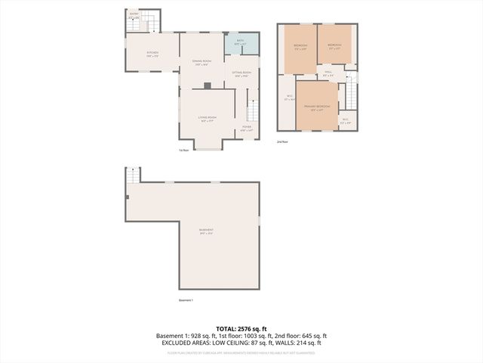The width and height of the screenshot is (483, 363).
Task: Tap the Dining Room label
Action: coord(202,62)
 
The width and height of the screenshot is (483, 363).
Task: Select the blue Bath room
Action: coord(241,43)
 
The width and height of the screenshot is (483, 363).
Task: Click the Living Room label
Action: coord(208,119)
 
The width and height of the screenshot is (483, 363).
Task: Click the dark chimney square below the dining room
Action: coord(207,86)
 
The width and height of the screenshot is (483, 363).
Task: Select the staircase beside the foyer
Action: coord(253,112)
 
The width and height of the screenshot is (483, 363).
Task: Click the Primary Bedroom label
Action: coord(317,108)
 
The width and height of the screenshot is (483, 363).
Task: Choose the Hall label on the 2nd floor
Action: coord(328,74)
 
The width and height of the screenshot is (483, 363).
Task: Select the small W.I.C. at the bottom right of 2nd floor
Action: coord(345,120)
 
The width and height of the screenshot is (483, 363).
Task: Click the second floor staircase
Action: coord(350,95)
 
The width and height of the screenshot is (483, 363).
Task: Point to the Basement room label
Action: coord(206,231)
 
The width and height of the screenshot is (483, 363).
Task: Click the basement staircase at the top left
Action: coord(132,175)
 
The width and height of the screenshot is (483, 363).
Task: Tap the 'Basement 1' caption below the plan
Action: coord(186,300)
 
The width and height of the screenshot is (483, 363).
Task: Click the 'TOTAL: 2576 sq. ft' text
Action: coord(241,329)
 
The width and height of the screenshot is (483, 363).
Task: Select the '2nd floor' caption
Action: coord(283,141)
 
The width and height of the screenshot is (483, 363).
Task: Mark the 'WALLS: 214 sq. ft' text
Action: coord(297,343)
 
